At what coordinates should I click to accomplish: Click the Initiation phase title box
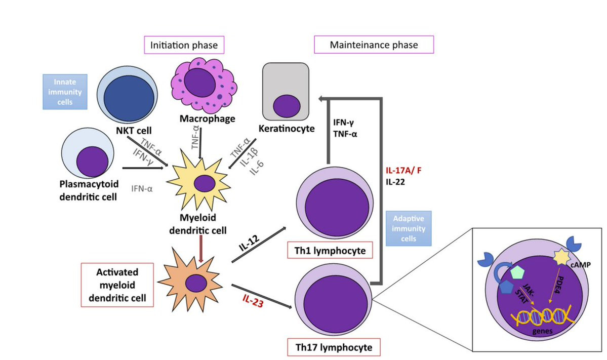[184, 45]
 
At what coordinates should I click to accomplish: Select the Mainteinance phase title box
[374, 45]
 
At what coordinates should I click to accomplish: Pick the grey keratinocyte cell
[286, 91]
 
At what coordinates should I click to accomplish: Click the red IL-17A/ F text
[404, 171]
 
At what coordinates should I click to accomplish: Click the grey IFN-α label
[142, 188]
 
